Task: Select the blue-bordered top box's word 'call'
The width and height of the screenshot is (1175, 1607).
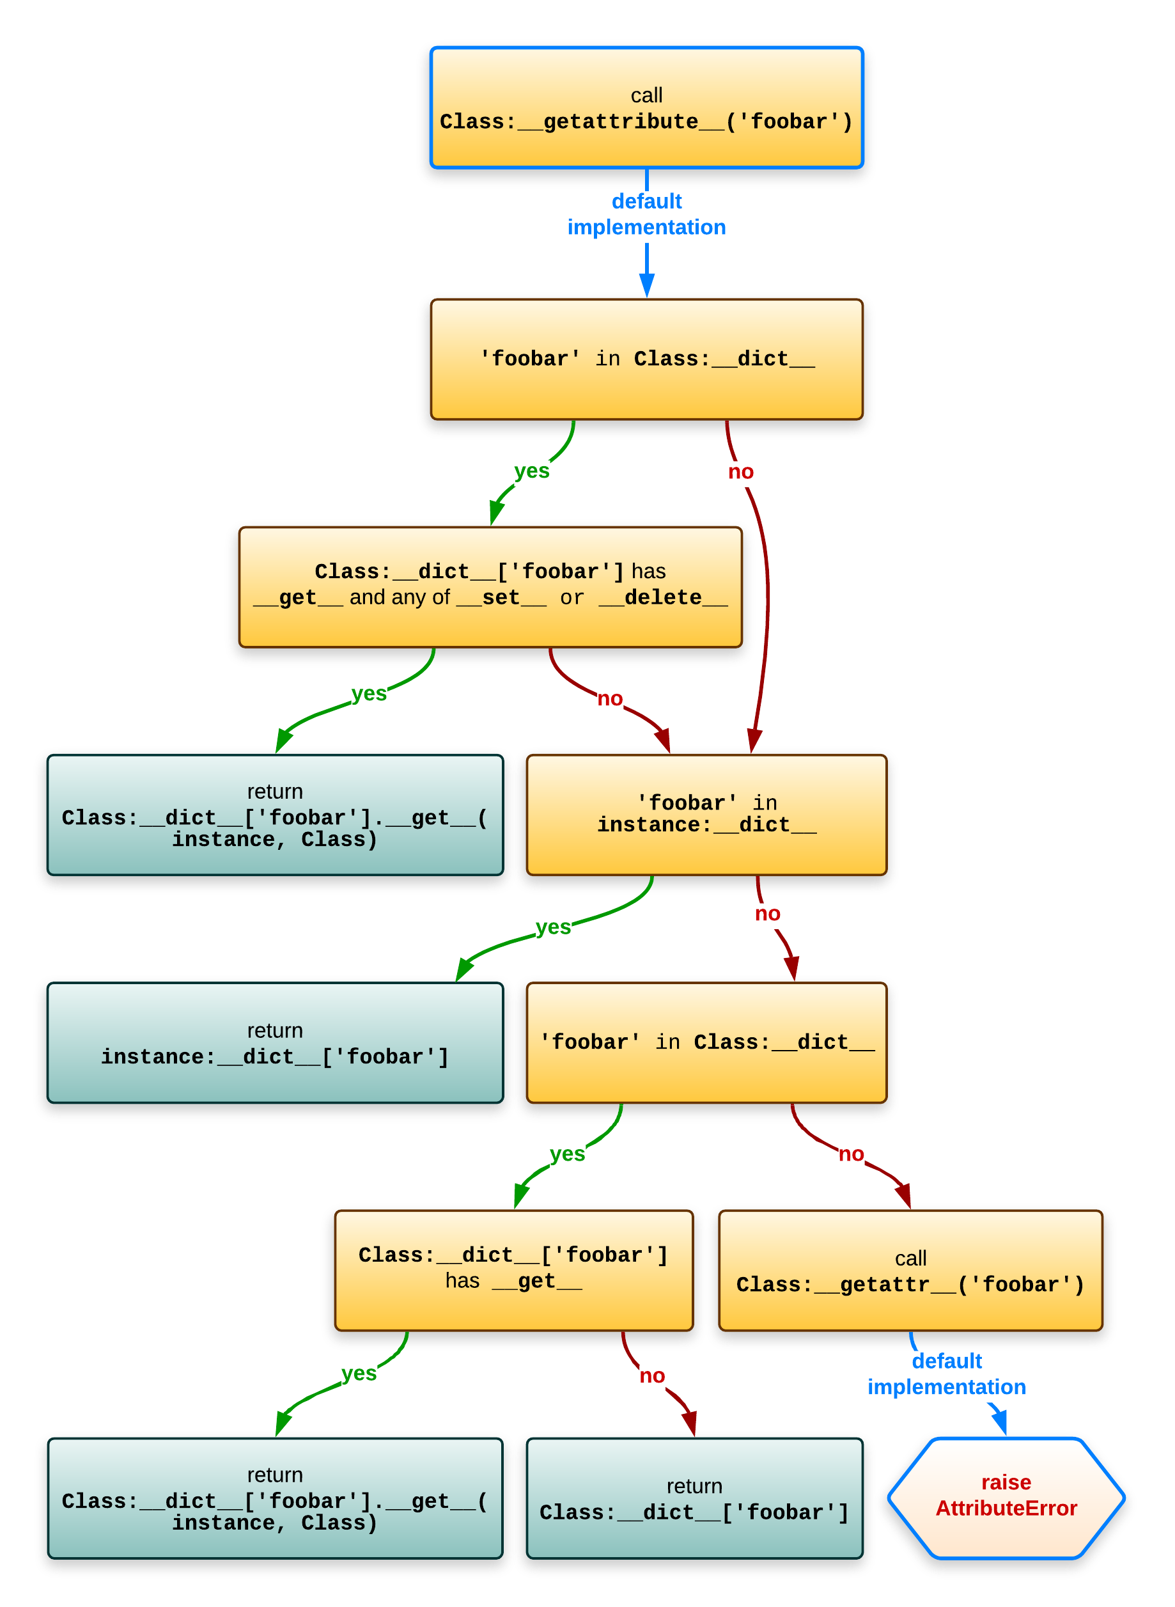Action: pyautogui.click(x=646, y=95)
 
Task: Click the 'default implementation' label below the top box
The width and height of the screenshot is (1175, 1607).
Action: pyautogui.click(x=646, y=214)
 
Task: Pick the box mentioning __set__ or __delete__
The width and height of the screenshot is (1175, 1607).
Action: pyautogui.click(x=490, y=586)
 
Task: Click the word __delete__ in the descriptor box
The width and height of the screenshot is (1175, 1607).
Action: pyautogui.click(x=663, y=597)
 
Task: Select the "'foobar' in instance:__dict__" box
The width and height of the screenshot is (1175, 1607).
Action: pyautogui.click(x=706, y=814)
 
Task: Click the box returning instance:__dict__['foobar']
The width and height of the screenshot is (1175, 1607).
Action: pyautogui.click(x=274, y=1043)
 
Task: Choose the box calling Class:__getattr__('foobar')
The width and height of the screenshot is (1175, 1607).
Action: pyautogui.click(x=910, y=1271)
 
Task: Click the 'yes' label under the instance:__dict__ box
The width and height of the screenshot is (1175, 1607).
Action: pyautogui.click(x=552, y=927)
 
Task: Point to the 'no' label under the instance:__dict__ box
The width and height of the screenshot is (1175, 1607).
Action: pyautogui.click(x=766, y=913)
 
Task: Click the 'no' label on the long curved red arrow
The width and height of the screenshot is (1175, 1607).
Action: pyautogui.click(x=740, y=472)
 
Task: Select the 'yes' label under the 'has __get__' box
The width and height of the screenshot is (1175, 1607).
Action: pyautogui.click(x=359, y=1373)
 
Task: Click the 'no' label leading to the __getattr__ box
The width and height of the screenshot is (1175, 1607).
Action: pyautogui.click(x=851, y=1154)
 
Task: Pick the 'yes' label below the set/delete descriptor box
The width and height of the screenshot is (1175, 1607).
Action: pyautogui.click(x=368, y=693)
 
